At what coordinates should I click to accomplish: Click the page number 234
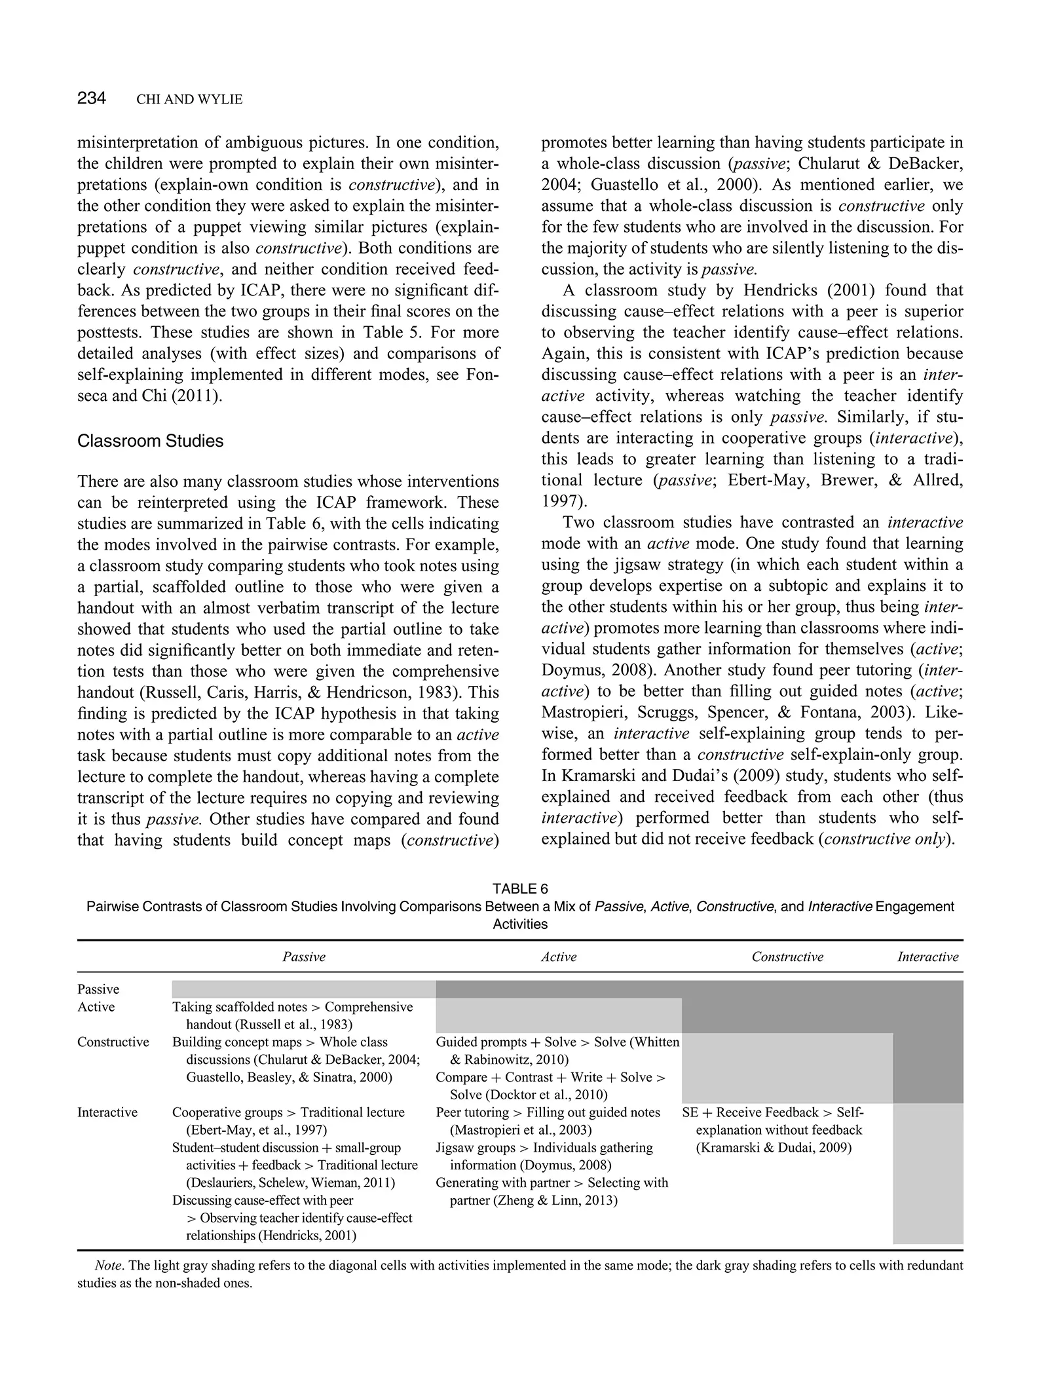(91, 99)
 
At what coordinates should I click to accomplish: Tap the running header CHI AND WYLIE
(189, 100)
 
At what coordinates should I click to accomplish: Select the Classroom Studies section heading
(150, 441)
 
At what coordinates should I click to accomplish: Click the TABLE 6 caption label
(520, 889)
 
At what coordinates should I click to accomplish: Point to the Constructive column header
(787, 957)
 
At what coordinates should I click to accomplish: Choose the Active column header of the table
(559, 957)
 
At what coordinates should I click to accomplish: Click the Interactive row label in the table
(107, 1112)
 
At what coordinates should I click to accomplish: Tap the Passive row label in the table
(98, 989)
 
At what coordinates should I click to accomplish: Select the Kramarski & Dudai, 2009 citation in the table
(774, 1148)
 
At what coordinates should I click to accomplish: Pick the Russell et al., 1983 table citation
(293, 1025)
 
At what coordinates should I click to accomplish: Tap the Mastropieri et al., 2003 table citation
(521, 1130)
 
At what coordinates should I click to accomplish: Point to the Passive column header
(304, 957)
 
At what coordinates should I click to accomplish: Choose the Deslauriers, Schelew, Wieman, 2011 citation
(291, 1183)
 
